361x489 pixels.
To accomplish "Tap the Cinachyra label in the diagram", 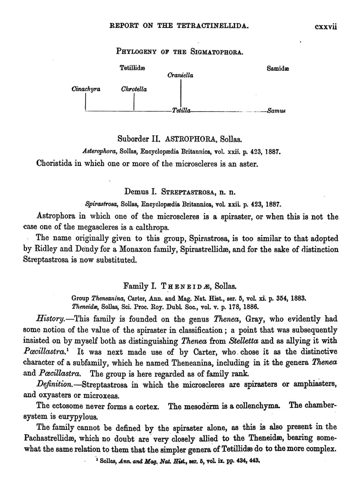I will click(86, 89).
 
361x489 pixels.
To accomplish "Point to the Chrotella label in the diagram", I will click(134, 89).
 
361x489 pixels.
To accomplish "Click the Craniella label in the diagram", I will click(180, 75).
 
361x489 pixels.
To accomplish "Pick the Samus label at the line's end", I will click(276, 111).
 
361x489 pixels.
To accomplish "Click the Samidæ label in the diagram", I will click(278, 68).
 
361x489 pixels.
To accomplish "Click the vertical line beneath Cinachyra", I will click(86, 102).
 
